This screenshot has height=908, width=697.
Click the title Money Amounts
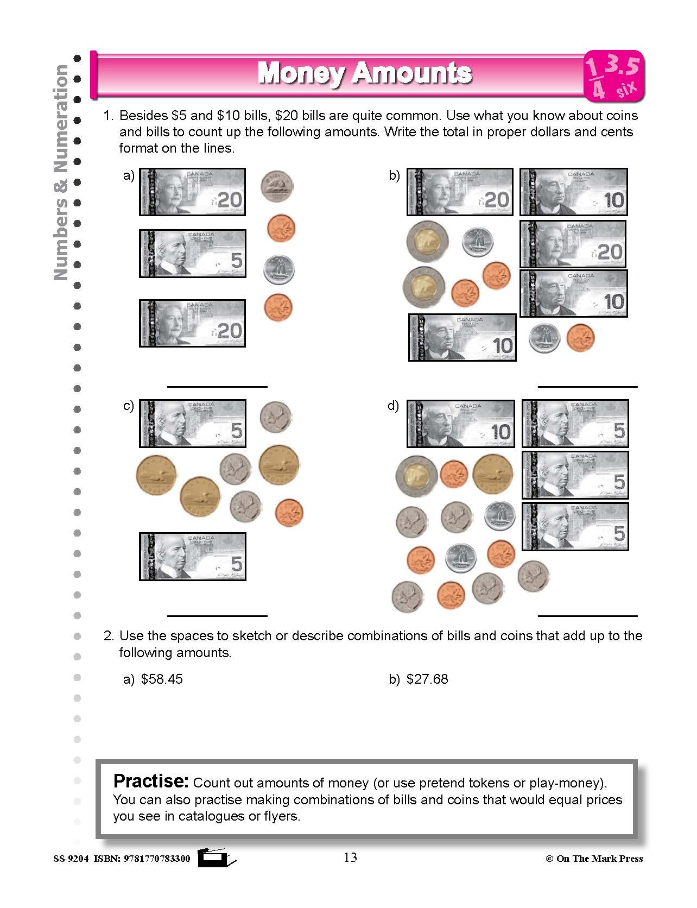(x=364, y=73)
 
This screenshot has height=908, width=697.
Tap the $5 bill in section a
(x=192, y=254)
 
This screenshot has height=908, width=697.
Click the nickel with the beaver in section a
(x=277, y=186)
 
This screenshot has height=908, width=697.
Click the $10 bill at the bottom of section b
(x=462, y=337)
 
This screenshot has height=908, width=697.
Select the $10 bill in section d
(x=460, y=424)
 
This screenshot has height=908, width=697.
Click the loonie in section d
(x=493, y=474)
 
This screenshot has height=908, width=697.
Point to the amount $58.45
(x=162, y=679)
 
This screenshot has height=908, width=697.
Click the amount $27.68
(x=427, y=679)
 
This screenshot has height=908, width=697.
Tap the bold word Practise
(x=150, y=781)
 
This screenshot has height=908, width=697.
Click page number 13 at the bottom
(x=350, y=857)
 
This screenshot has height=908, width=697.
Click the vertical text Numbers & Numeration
(x=61, y=173)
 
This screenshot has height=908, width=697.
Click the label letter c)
(x=129, y=406)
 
